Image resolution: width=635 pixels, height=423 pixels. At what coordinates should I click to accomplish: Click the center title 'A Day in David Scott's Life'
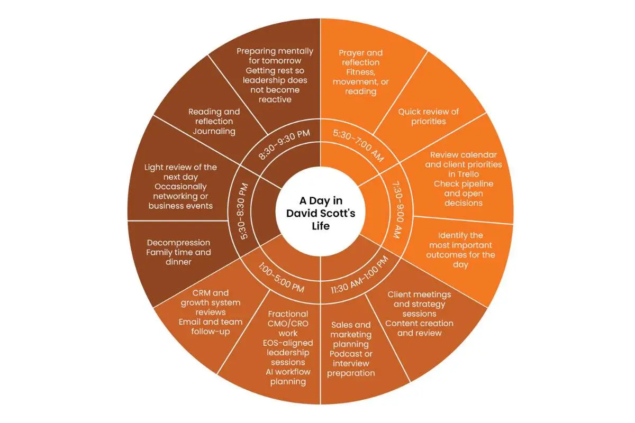320,213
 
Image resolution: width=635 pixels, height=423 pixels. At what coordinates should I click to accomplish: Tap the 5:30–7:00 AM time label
358,145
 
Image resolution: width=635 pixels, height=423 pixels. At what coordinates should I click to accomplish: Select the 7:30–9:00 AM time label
398,210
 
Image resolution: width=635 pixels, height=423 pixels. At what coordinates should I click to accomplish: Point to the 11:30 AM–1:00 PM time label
359,275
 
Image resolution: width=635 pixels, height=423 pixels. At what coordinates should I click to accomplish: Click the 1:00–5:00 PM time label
281,278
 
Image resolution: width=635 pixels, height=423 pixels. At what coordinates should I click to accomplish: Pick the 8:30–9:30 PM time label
284,144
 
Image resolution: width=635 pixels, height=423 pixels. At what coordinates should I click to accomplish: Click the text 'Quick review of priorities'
428,116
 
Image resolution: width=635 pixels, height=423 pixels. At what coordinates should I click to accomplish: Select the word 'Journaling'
214,131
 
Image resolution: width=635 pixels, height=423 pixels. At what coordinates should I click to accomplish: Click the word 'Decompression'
179,243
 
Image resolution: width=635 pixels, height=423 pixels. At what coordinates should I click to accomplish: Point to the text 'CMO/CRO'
288,324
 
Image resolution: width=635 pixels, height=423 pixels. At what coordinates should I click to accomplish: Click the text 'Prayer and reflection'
360,58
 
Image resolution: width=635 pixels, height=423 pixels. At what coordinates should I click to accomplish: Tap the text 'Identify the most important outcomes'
460,245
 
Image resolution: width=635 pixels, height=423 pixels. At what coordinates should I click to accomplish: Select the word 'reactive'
275,99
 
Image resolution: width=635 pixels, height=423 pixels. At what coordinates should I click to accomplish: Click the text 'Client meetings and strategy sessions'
419,304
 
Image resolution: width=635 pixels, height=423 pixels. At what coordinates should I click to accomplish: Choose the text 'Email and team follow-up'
211,327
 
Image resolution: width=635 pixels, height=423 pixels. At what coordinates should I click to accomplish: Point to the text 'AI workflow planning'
288,377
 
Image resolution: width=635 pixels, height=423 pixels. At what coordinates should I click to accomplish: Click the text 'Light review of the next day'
180,172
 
